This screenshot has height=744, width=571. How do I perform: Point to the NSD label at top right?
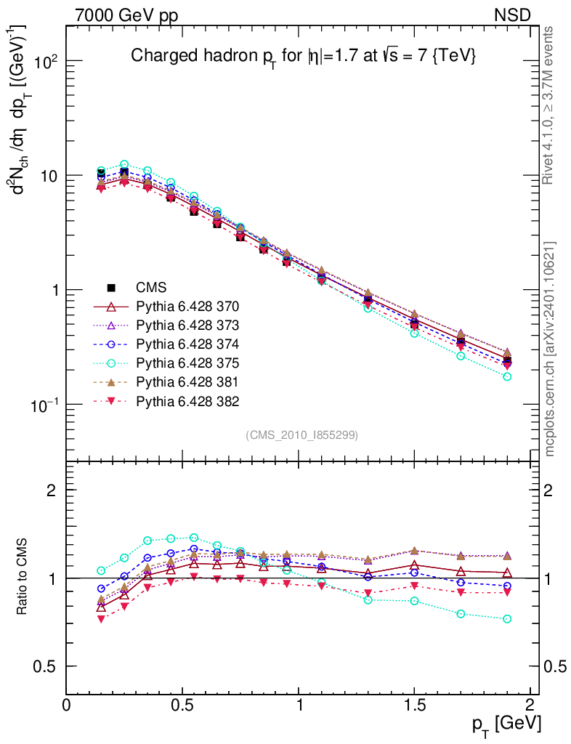click(x=512, y=15)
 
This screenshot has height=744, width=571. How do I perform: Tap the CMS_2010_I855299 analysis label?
click(x=301, y=434)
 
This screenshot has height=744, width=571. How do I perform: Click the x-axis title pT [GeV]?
click(x=505, y=723)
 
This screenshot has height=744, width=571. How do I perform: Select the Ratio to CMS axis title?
click(x=23, y=578)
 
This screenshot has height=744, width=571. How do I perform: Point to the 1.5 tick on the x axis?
click(x=414, y=705)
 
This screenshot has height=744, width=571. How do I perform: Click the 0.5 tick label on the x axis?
click(x=182, y=705)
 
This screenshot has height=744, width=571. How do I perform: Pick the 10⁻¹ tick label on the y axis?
click(x=43, y=404)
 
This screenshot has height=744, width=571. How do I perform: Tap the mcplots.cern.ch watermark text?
click(x=550, y=349)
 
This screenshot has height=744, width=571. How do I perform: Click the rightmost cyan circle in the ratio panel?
click(x=507, y=619)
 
